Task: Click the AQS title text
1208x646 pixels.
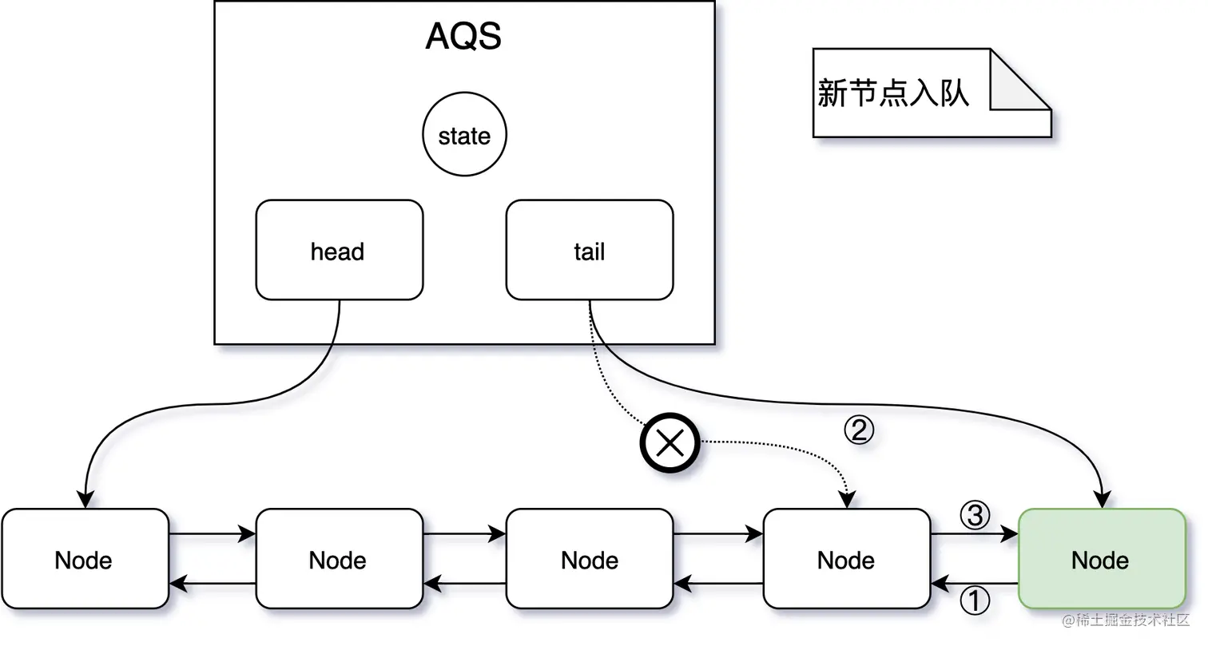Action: point(463,37)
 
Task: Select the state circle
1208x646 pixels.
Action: point(464,136)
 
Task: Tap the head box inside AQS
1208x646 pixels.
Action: point(339,251)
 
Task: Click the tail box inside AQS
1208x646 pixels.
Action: point(590,251)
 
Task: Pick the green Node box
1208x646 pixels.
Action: point(1101,559)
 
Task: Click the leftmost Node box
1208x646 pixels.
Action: point(85,559)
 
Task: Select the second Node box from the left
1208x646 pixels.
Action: point(339,559)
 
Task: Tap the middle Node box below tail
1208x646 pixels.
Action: point(590,559)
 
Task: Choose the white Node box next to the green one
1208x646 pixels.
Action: point(847,559)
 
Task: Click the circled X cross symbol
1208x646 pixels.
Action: point(670,442)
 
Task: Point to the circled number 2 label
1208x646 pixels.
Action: point(860,431)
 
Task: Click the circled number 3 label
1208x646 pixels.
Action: point(974,516)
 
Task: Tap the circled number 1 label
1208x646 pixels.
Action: point(973,601)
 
